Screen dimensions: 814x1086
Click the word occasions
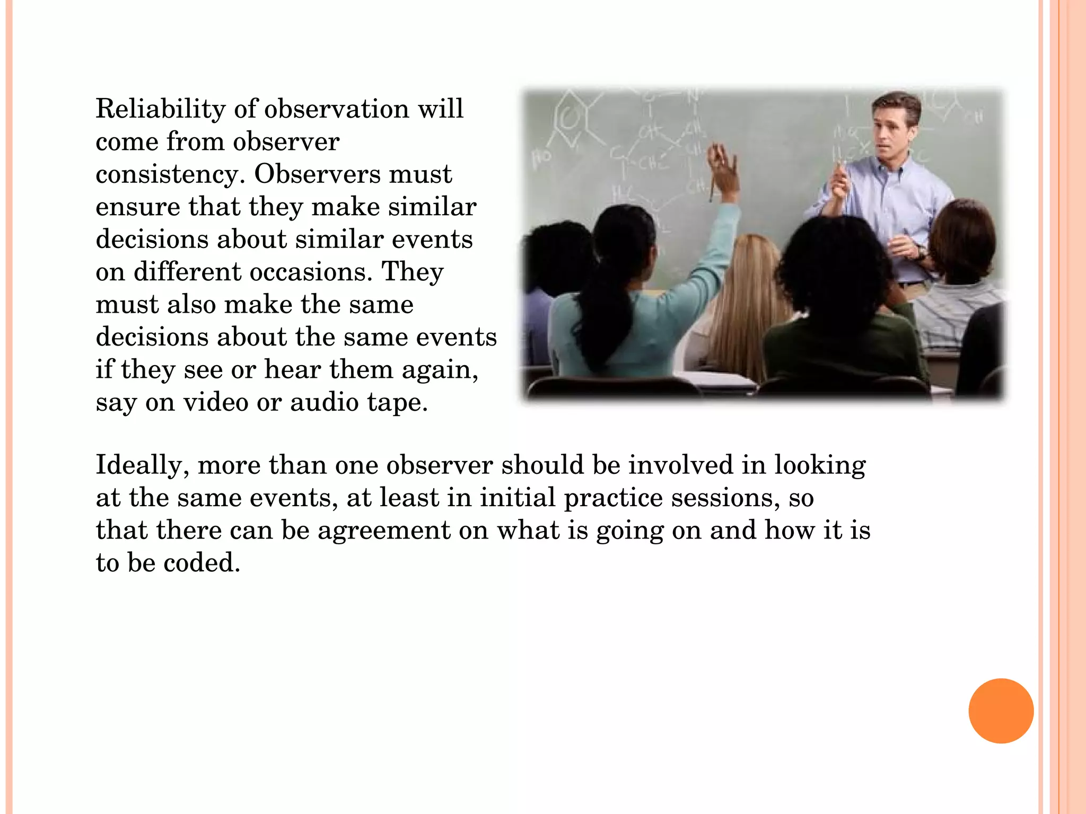tap(308, 272)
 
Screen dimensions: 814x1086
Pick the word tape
tap(397, 403)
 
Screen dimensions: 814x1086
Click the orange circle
tap(1001, 711)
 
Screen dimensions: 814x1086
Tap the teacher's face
tap(894, 132)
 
